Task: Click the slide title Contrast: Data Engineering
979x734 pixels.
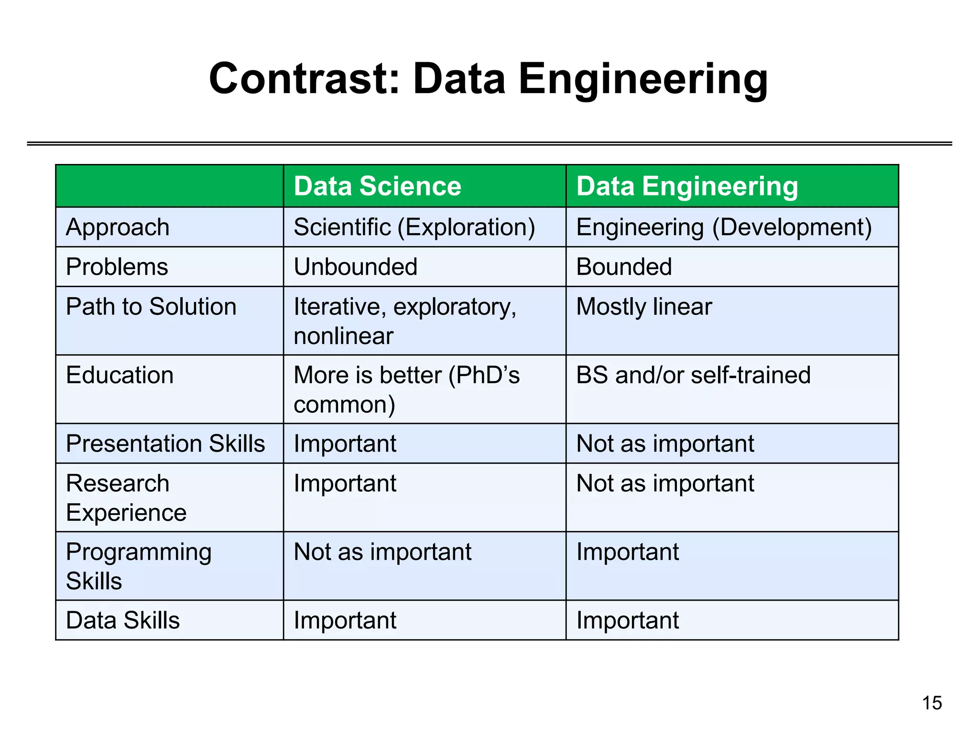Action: point(488,79)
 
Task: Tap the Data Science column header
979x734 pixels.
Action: point(377,186)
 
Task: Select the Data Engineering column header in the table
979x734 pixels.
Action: point(687,186)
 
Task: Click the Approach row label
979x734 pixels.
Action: point(118,227)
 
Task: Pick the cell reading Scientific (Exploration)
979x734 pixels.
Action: point(414,227)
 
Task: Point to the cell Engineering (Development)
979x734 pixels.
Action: point(724,227)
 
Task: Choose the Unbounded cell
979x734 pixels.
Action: point(355,267)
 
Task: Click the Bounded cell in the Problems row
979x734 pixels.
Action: point(624,267)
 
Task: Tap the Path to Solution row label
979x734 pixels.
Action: point(151,306)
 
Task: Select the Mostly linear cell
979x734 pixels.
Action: point(644,306)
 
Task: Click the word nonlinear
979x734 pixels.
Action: point(343,336)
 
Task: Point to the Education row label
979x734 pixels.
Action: point(120,375)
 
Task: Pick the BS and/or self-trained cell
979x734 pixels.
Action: point(693,375)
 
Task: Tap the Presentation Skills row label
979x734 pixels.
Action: point(165,443)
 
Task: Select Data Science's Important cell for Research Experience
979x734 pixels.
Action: point(345,483)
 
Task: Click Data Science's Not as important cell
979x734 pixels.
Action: point(382,552)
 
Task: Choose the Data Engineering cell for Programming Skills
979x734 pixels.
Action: point(627,552)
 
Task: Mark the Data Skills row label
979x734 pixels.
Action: point(123,620)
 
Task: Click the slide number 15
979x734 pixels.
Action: point(932,703)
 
